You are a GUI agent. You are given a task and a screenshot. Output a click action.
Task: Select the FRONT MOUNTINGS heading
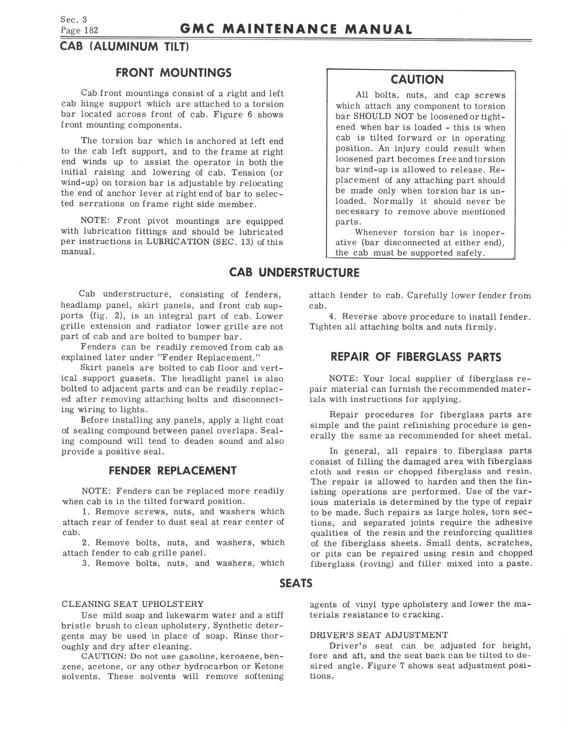pos(173,73)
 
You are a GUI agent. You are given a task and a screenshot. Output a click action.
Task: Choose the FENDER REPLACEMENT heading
pos(173,470)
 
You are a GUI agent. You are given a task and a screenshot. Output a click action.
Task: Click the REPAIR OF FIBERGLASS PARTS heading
pos(416,357)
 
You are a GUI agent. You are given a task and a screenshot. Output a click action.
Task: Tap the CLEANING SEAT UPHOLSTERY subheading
pos(133,604)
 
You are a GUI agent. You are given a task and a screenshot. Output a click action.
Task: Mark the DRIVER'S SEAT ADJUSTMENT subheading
pos(379,635)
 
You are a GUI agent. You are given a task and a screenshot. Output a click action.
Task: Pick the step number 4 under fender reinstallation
pos(331,317)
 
